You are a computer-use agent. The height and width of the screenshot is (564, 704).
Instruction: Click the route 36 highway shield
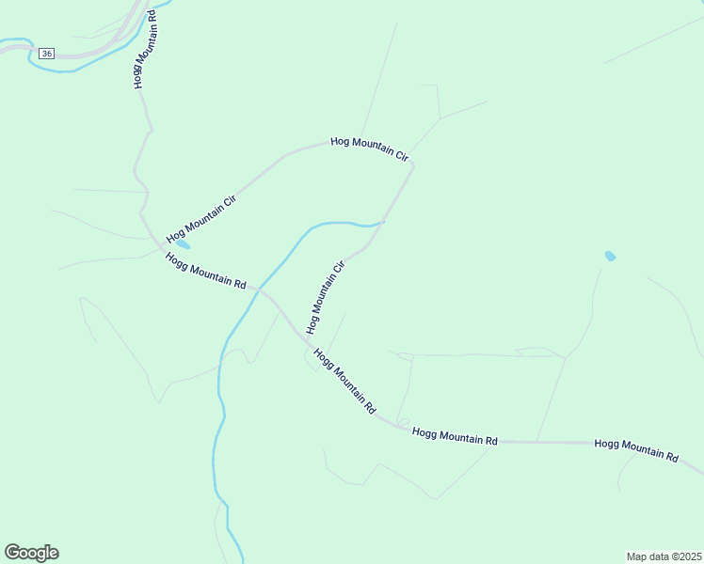pyautogui.click(x=47, y=54)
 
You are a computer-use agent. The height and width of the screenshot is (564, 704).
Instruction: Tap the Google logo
pyautogui.click(x=31, y=553)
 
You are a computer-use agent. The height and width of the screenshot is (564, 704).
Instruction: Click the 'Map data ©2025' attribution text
pyautogui.click(x=664, y=556)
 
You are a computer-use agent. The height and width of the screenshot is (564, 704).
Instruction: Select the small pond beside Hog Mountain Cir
pyautogui.click(x=182, y=244)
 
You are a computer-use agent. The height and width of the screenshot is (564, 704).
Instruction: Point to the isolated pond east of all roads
pyautogui.click(x=610, y=256)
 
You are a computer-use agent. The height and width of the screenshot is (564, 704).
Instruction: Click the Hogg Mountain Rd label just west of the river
pyautogui.click(x=205, y=271)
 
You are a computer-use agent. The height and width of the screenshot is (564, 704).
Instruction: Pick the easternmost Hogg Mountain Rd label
pyautogui.click(x=636, y=450)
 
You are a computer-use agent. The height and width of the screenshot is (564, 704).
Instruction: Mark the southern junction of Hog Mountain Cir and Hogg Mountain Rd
pyautogui.click(x=306, y=340)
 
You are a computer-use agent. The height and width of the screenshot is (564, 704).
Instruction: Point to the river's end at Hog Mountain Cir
pyautogui.click(x=384, y=222)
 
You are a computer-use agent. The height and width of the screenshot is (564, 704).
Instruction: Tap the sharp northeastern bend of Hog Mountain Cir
pyautogui.click(x=412, y=164)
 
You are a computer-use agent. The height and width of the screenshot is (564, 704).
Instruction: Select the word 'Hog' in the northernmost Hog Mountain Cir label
pyautogui.click(x=340, y=142)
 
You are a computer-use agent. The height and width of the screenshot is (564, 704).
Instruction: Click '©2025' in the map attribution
pyautogui.click(x=683, y=556)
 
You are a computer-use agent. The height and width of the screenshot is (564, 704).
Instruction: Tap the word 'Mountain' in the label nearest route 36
pyautogui.click(x=141, y=49)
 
